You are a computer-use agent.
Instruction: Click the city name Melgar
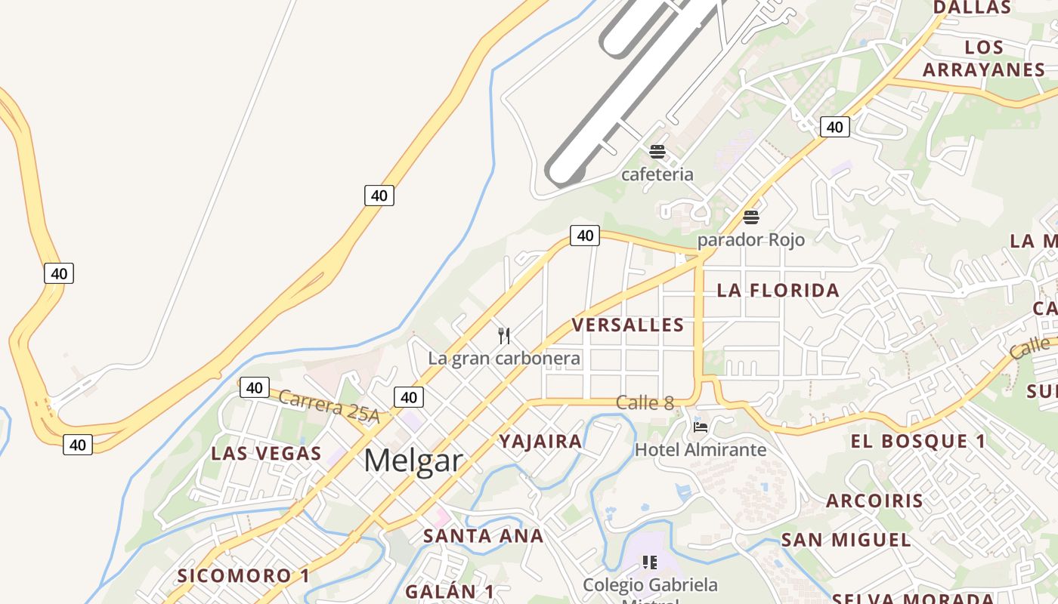click(x=413, y=460)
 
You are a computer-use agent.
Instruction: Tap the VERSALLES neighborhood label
click(x=627, y=325)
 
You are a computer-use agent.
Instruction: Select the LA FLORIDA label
click(x=778, y=290)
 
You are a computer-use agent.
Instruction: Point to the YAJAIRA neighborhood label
click(x=540, y=441)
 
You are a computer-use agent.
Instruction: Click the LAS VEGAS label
click(x=266, y=453)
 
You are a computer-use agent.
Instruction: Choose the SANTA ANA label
click(x=483, y=536)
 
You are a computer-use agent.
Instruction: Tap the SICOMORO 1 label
click(x=243, y=575)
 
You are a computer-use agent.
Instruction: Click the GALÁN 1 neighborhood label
click(x=449, y=591)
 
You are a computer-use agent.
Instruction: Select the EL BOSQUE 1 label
click(x=918, y=441)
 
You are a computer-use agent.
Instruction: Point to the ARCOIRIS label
click(x=874, y=501)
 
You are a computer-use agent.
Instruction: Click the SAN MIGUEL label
click(x=846, y=540)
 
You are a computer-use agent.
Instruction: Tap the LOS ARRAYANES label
click(x=983, y=58)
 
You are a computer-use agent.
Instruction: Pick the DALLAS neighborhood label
click(x=972, y=8)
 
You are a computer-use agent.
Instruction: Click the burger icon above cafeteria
click(x=657, y=152)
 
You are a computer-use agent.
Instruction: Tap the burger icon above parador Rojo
click(x=750, y=217)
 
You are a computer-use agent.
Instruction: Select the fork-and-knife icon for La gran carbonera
click(x=504, y=335)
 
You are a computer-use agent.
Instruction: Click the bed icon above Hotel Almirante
click(x=701, y=427)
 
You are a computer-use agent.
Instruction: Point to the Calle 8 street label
click(x=645, y=402)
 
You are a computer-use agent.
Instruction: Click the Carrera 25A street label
click(x=329, y=405)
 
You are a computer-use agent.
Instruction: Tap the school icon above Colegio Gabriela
click(x=650, y=562)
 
